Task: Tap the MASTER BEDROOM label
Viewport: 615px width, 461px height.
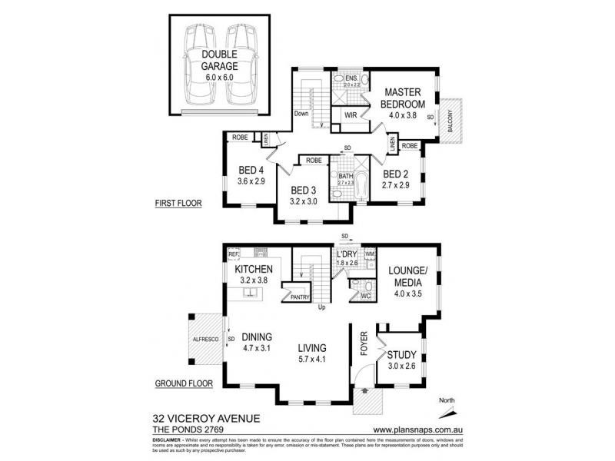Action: click(x=406, y=99)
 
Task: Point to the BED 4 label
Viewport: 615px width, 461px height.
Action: click(x=252, y=170)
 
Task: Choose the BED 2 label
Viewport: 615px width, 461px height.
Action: click(x=397, y=174)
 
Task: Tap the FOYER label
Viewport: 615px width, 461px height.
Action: click(x=366, y=346)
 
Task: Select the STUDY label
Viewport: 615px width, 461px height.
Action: click(x=402, y=354)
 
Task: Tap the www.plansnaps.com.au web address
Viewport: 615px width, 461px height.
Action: click(x=417, y=429)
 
